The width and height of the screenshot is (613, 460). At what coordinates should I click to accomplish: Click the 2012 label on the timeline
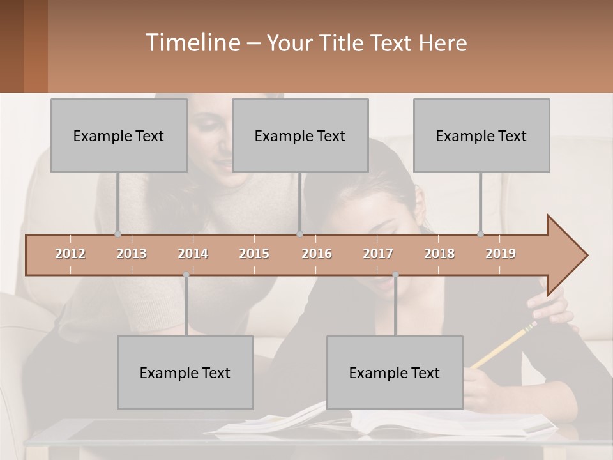(70, 254)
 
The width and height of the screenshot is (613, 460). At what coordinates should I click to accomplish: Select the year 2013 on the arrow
(132, 254)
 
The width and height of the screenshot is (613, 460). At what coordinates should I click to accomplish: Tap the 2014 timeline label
(193, 254)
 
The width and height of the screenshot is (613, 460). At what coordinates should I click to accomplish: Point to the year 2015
(254, 254)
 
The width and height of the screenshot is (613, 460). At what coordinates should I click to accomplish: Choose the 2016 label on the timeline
(317, 254)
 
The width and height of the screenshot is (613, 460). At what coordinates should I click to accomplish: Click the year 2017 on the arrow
(378, 254)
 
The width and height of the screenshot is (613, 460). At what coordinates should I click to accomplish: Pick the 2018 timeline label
(439, 254)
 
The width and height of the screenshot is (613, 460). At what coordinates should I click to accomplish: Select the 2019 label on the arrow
(501, 254)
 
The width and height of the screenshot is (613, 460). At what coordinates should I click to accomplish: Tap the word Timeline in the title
(192, 43)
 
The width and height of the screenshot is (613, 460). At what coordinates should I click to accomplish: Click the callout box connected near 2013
(119, 135)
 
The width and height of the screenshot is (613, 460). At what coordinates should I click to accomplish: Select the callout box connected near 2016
(300, 135)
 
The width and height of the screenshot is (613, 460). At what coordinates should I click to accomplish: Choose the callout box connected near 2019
(481, 135)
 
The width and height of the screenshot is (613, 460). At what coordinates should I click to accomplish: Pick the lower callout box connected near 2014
(185, 372)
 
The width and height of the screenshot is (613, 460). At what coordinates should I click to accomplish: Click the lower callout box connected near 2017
(395, 372)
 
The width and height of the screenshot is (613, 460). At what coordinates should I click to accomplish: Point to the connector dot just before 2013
(117, 234)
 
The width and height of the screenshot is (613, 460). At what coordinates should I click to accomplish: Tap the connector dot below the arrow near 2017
(395, 275)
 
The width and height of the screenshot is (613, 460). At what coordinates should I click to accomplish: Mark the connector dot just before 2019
(480, 234)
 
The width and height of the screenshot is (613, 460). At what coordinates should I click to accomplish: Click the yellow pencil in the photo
(504, 346)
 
